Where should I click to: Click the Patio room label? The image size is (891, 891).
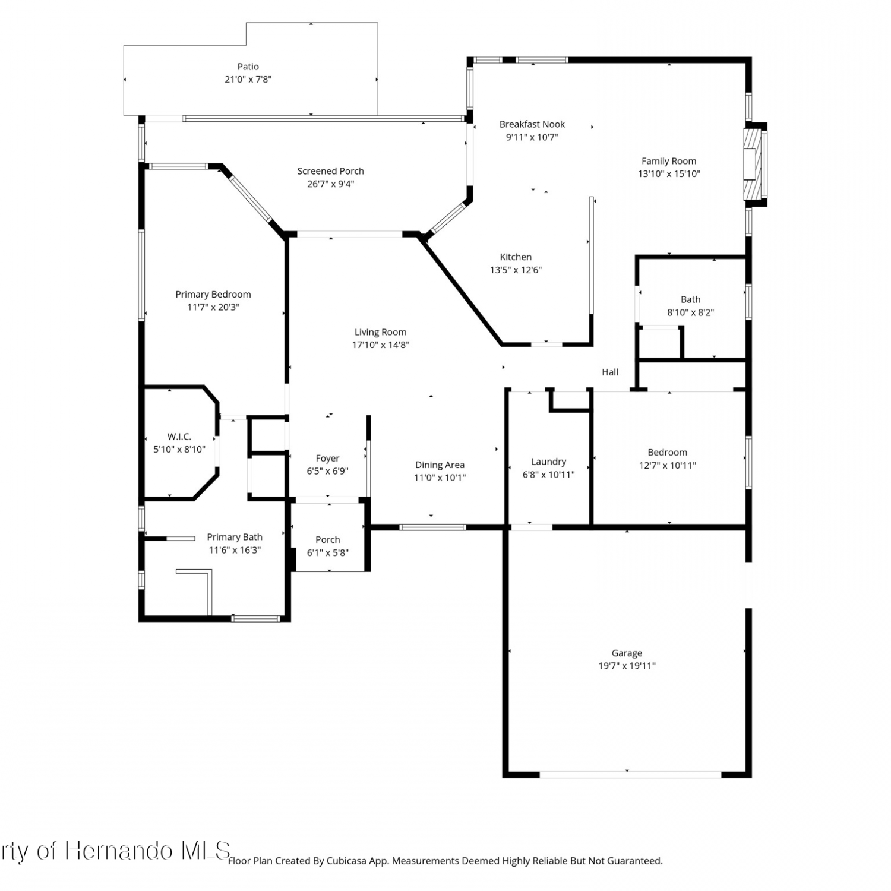coord(248,67)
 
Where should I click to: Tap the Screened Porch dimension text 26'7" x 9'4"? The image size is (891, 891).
coord(331,184)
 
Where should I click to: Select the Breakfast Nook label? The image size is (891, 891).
coord(532,124)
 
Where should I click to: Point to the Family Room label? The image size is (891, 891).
coord(669,161)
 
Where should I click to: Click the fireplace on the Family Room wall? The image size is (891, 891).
coord(754,164)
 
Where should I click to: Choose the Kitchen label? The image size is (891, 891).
coord(516,257)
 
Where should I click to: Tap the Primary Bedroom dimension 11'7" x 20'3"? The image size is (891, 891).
coord(213,307)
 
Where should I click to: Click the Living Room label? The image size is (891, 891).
coord(381,332)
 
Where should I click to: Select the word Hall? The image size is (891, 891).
coord(610,372)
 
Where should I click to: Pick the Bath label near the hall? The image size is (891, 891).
coord(691,299)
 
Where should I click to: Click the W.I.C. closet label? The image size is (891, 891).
coord(179,437)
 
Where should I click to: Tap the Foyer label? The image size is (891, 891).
coord(328,459)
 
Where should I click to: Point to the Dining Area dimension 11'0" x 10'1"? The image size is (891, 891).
coord(440,478)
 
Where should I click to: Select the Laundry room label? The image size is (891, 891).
coord(549,462)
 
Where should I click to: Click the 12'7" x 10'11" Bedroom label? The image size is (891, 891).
coord(668,466)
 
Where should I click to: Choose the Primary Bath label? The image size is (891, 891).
coord(235,537)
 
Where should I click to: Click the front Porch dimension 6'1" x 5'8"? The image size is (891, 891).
coord(328,552)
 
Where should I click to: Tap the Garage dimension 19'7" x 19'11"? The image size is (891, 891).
coord(627,666)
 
